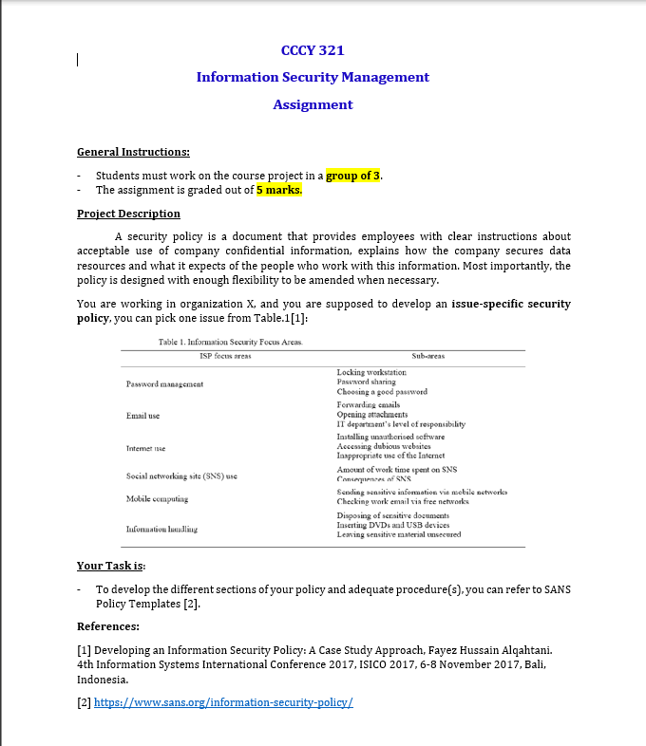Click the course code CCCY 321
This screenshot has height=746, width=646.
tap(313, 49)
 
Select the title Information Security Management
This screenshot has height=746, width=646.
tap(313, 77)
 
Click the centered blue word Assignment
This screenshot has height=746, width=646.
tap(313, 104)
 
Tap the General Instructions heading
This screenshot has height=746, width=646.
tap(133, 152)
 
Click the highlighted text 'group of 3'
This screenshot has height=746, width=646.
tap(353, 176)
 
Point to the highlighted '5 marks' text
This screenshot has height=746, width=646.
tap(279, 190)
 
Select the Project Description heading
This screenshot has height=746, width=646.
tap(128, 214)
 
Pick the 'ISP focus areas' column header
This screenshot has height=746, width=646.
tap(225, 355)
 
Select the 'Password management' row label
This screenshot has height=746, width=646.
tap(166, 382)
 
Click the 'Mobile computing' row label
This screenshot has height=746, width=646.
tap(158, 497)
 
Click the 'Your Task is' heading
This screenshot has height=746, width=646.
tap(110, 566)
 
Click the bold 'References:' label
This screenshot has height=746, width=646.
tap(108, 626)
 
